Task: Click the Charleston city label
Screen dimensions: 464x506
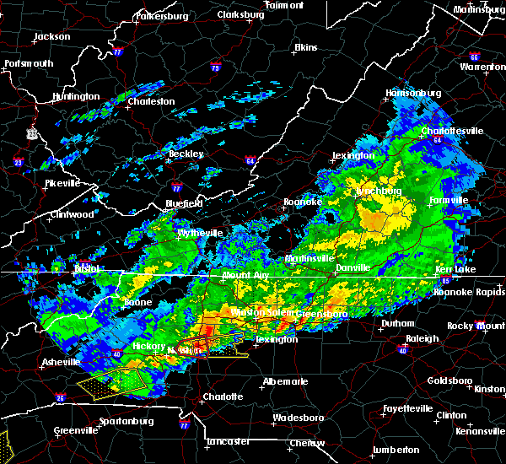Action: (x=151, y=101)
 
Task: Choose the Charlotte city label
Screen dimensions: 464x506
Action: (x=223, y=397)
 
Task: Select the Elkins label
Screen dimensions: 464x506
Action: (x=304, y=48)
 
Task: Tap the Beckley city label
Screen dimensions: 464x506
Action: (x=186, y=154)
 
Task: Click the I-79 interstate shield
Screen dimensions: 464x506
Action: (x=215, y=67)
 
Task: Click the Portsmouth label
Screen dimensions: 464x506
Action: (x=30, y=63)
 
